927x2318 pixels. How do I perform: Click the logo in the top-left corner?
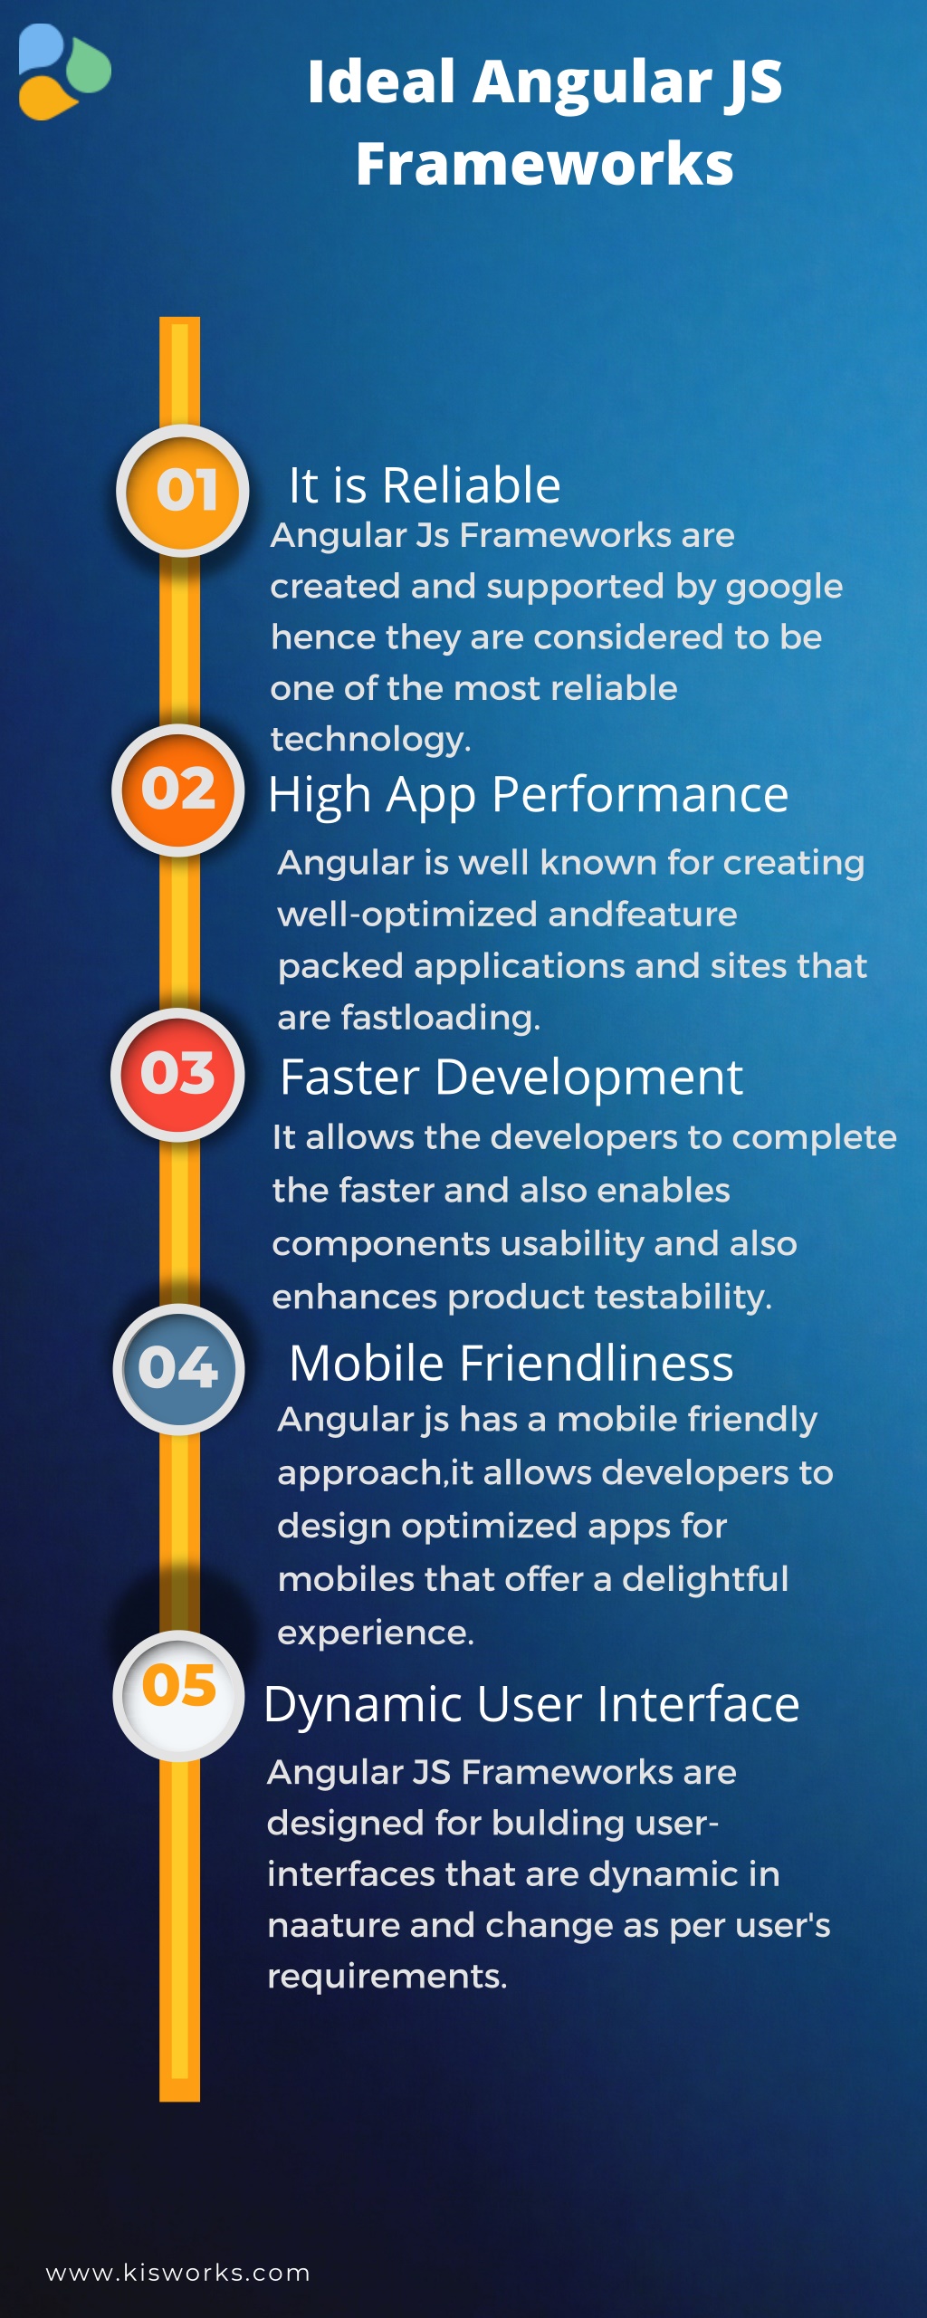(63, 72)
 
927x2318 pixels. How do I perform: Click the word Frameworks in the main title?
(544, 164)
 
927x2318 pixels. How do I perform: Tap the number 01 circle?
(184, 490)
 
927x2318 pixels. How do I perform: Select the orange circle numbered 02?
(178, 790)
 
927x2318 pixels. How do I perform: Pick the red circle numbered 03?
(177, 1074)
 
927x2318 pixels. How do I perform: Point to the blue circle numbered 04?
(178, 1368)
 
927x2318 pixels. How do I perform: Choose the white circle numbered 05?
(178, 1695)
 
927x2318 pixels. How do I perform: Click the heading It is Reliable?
(424, 485)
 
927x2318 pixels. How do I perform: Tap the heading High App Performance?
(528, 795)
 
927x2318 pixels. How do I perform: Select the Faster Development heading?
(511, 1078)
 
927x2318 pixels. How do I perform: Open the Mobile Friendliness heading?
(511, 1363)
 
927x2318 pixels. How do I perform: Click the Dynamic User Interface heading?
(531, 1704)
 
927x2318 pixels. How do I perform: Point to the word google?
(784, 588)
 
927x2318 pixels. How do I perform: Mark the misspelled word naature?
(332, 1925)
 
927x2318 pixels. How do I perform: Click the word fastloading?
(440, 1018)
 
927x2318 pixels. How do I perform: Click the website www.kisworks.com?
(178, 2273)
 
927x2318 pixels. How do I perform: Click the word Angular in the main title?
(592, 81)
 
